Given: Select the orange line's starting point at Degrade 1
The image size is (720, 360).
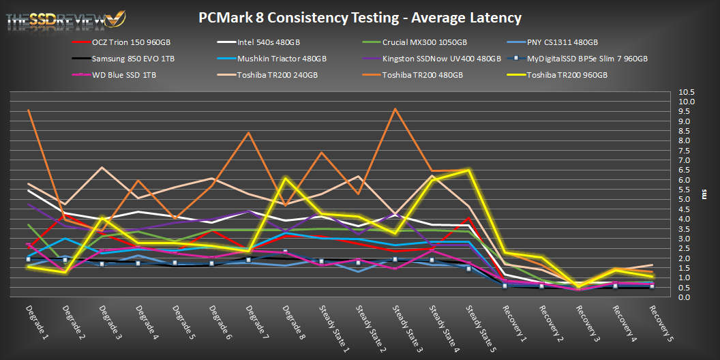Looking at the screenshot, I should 28,110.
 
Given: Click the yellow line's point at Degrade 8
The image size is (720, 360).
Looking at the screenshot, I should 286,178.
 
